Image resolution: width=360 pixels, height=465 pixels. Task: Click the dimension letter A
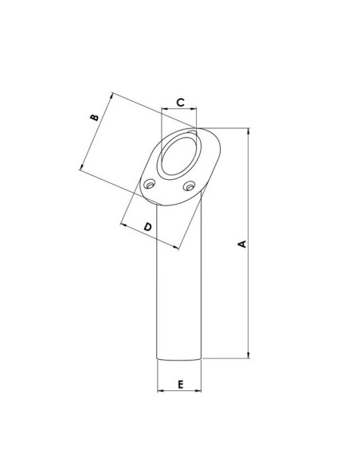point(243,244)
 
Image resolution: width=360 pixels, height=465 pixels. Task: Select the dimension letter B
point(94,117)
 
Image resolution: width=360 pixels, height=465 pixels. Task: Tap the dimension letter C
point(180,102)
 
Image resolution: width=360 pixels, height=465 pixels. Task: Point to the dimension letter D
point(147,227)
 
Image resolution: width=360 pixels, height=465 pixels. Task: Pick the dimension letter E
point(181,385)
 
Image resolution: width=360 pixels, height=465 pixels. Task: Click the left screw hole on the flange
point(149,185)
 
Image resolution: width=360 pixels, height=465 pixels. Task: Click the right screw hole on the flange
point(189,186)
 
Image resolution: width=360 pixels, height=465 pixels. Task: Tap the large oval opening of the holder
point(181,154)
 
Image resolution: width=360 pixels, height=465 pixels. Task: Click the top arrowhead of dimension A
point(248,131)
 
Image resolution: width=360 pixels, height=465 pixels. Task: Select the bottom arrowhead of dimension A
point(248,355)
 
